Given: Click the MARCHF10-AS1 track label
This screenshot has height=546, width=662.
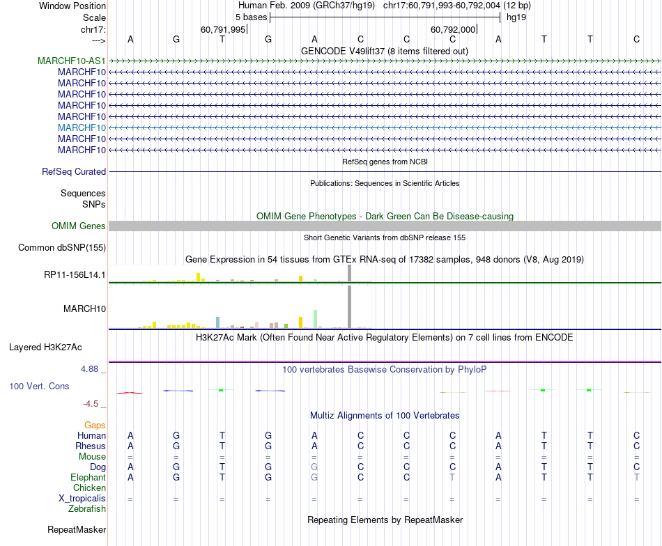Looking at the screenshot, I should coord(72,61).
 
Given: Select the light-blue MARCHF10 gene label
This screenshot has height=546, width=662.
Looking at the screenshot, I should coord(82,128).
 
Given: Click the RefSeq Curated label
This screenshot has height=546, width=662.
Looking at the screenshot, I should coord(74,172).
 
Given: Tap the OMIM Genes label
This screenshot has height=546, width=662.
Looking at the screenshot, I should coord(79,226).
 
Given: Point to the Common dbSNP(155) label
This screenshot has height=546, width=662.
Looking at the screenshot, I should coord(62,247).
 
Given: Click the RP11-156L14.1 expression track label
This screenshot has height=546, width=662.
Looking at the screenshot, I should coord(75,275).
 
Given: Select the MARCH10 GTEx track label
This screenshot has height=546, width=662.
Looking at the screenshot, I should coord(84,309).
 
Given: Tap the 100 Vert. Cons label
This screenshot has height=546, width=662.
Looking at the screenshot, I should coord(39,386).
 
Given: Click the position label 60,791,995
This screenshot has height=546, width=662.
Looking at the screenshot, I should coord(223,30).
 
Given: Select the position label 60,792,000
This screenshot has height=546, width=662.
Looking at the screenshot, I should coord(453,30).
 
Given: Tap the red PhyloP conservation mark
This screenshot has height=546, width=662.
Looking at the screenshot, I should coord(130,393).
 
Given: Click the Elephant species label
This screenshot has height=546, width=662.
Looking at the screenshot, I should coord(88,478).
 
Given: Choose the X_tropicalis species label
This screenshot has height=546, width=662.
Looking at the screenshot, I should coord(82,499).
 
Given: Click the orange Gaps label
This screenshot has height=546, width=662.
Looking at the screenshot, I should coord(95,425).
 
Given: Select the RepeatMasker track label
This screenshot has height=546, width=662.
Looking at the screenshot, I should coord(77,530).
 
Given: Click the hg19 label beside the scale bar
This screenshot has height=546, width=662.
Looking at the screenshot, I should coord(516,17).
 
